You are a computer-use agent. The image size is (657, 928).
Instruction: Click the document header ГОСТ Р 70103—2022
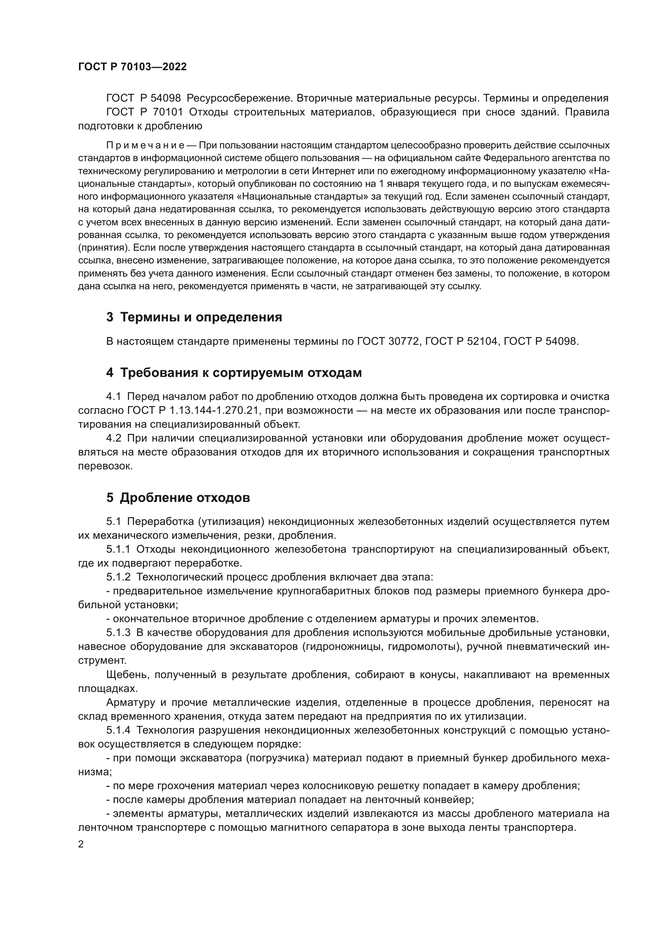(x=132, y=67)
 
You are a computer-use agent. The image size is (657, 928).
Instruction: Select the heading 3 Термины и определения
(x=194, y=317)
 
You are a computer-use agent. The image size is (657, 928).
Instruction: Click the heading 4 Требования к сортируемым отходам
(x=234, y=373)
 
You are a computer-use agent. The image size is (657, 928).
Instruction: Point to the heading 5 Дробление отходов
(x=178, y=498)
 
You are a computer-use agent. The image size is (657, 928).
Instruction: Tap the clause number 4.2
(x=114, y=438)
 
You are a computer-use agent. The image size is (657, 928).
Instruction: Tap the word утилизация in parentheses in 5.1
(x=231, y=521)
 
